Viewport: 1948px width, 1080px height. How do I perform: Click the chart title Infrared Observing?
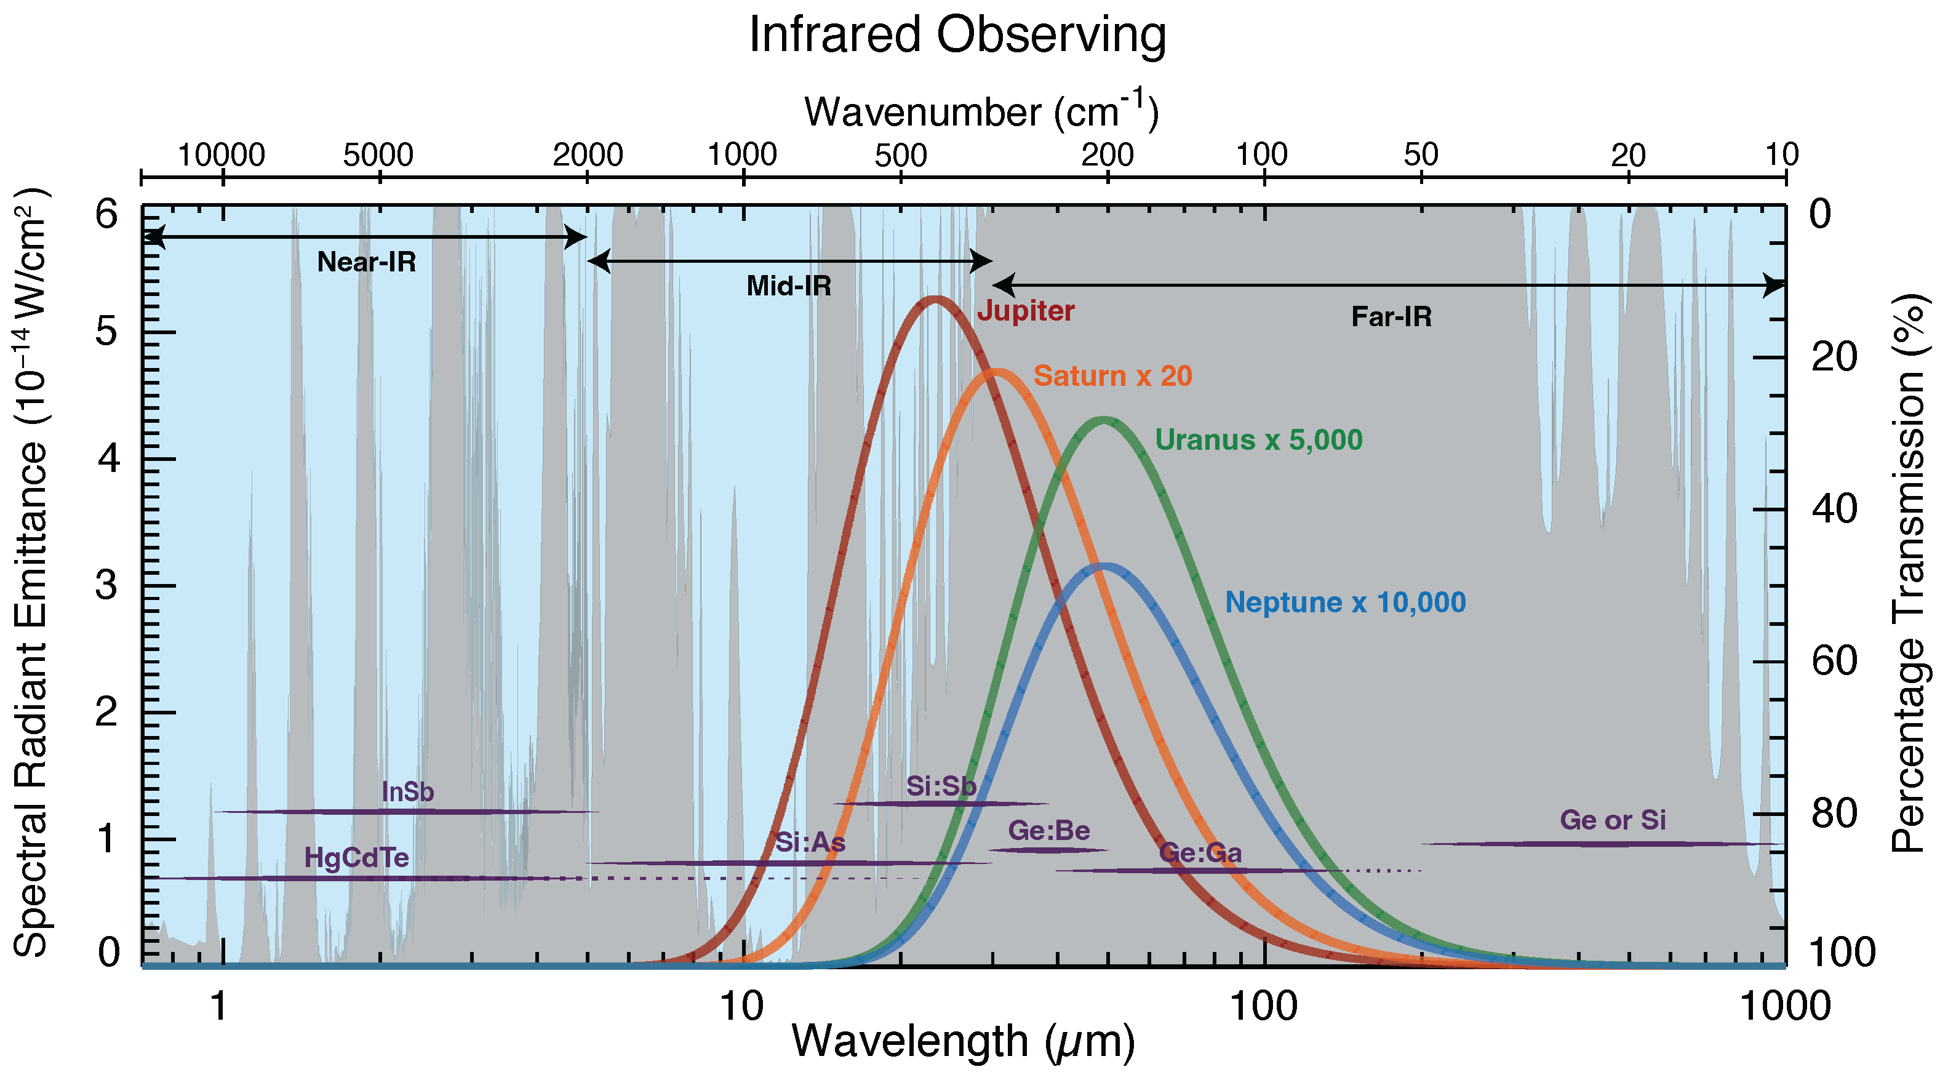click(957, 35)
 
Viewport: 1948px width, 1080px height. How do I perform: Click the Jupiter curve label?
click(1026, 311)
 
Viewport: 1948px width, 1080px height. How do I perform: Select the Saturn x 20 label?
click(1112, 376)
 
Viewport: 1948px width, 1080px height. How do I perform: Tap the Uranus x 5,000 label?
click(1258, 440)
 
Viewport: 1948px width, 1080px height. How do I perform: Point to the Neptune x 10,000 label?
click(1345, 603)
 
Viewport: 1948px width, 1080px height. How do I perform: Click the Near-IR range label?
click(366, 262)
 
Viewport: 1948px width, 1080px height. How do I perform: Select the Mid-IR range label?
click(789, 286)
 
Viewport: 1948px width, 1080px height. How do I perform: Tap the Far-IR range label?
click(1391, 317)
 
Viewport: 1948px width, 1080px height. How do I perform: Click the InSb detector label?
click(407, 792)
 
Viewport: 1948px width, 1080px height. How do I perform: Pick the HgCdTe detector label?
click(356, 858)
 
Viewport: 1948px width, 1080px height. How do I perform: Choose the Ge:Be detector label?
click(1049, 831)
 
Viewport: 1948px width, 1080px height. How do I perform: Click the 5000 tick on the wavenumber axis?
click(378, 156)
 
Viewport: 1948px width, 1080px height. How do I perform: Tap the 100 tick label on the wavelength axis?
click(1264, 1007)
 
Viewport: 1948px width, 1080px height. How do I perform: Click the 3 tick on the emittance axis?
click(108, 585)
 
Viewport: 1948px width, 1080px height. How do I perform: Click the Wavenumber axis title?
click(981, 112)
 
